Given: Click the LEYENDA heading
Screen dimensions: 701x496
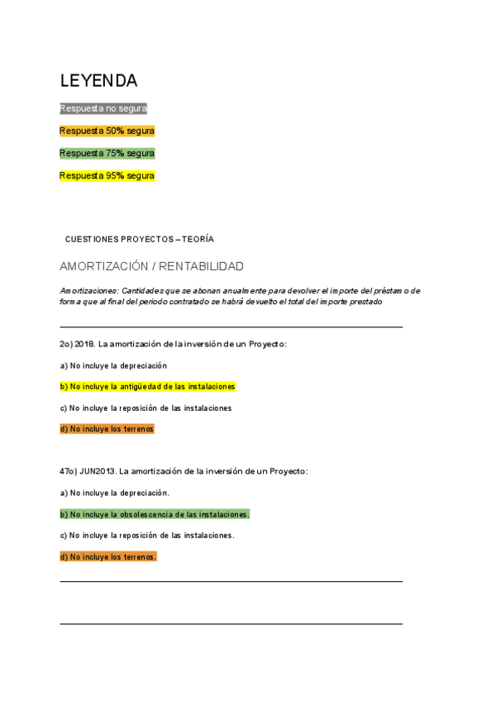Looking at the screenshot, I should point(98,81).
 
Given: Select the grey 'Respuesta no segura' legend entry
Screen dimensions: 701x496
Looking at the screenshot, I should point(103,108).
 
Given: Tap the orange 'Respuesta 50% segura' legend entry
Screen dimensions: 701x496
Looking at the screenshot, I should point(107,131).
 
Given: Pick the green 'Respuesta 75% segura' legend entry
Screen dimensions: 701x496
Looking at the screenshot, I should point(107,153).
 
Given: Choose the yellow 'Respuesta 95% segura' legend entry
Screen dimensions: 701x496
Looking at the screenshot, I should point(107,175).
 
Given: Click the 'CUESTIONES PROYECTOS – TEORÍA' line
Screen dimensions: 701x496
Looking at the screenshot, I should point(139,239).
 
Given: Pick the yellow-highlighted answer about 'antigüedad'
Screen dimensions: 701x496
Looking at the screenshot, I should point(147,386).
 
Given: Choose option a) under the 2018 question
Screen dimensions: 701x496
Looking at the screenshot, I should point(113,365).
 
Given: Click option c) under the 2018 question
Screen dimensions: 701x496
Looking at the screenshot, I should point(145,408).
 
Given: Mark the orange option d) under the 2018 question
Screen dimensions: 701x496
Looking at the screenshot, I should point(107,429).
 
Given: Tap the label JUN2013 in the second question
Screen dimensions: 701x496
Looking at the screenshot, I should point(98,471).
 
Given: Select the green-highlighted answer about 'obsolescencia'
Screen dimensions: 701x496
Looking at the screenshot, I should point(155,514).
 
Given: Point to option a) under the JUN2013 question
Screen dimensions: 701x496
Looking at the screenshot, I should point(114,493).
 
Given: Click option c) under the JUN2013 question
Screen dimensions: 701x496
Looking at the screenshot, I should point(146,536).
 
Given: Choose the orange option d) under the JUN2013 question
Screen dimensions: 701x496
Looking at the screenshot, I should point(107,557).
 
